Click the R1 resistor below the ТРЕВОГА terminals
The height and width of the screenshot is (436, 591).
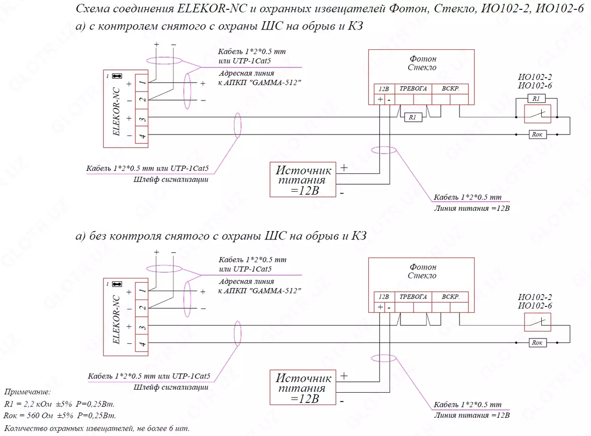tap(412, 118)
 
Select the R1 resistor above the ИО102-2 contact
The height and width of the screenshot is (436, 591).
tap(536, 99)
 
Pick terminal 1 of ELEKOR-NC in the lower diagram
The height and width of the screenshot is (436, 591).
tap(141, 292)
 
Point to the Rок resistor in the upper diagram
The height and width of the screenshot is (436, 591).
tap(536, 134)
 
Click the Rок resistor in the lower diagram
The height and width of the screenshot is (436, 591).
tap(536, 342)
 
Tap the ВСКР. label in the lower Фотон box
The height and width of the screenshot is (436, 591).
tap(451, 297)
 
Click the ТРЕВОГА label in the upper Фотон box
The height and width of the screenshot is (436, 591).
tap(413, 89)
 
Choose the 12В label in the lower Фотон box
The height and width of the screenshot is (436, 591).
tap(384, 297)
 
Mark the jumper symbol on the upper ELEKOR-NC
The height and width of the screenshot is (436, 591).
tap(117, 76)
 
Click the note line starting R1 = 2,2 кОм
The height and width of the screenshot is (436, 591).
tap(59, 404)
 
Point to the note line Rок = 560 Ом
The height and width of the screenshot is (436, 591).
tap(59, 416)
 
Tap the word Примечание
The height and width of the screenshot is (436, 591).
tap(28, 393)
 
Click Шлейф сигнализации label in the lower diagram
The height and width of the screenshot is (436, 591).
tap(170, 387)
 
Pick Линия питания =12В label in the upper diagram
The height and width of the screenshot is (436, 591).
tap(472, 208)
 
